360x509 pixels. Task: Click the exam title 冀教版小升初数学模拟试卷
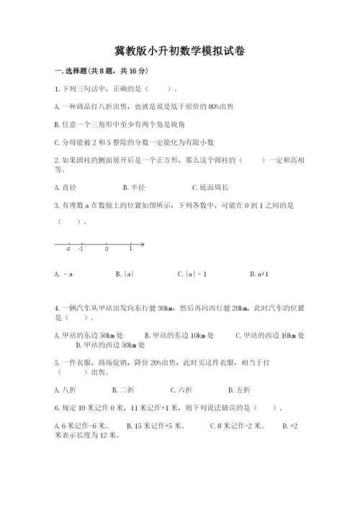[179, 51]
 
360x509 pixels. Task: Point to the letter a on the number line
[68, 249]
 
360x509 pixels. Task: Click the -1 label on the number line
[80, 249]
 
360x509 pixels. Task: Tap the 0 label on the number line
[107, 249]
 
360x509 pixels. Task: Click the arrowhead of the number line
[143, 244]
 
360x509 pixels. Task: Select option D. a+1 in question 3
[258, 274]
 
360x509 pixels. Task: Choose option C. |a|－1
[192, 274]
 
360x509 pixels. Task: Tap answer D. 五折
[239, 390]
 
